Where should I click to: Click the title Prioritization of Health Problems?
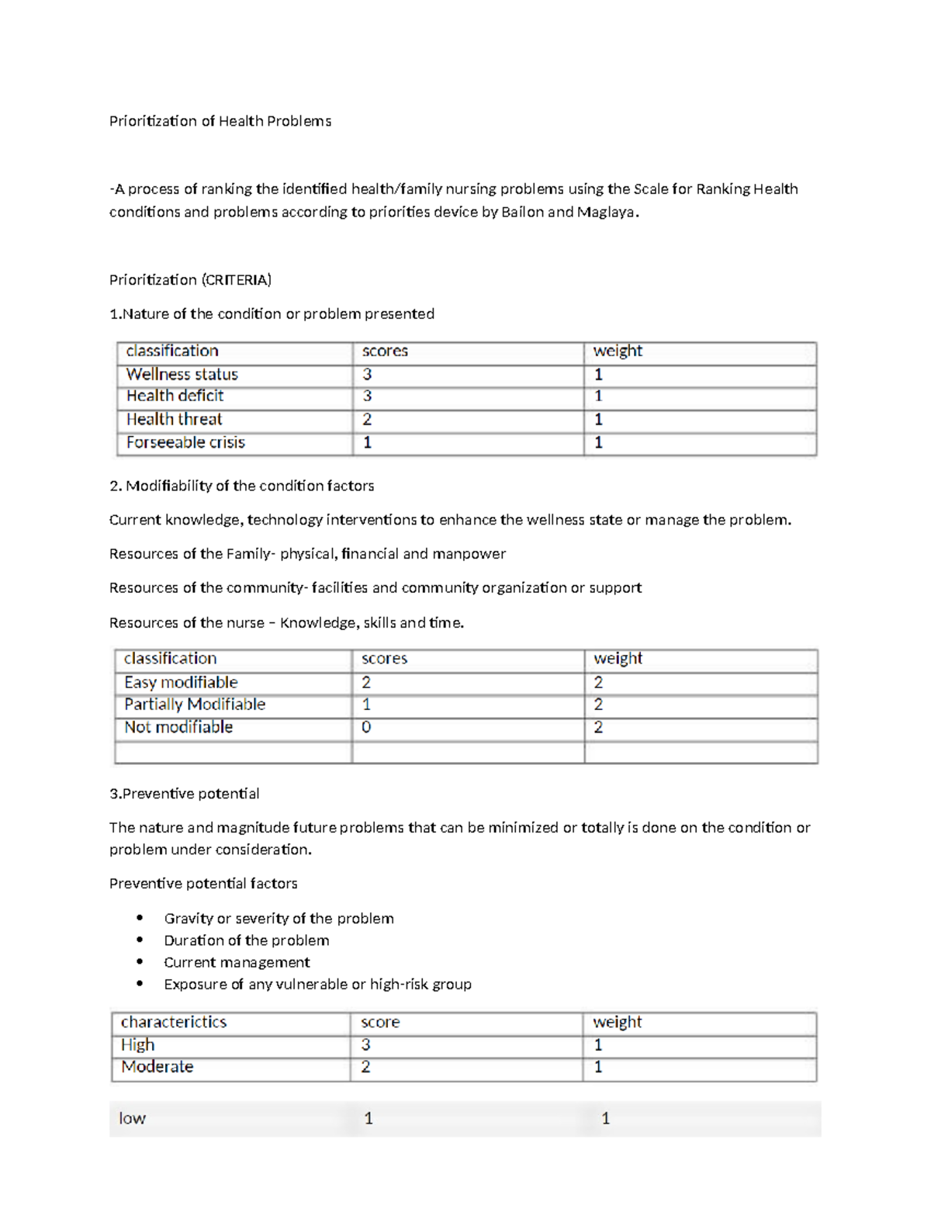point(220,121)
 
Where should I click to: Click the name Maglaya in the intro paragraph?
point(607,212)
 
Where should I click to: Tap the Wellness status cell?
point(182,374)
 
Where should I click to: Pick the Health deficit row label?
point(175,396)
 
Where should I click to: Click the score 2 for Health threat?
point(367,420)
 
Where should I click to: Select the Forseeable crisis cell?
point(185,442)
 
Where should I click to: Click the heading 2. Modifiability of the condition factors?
point(241,486)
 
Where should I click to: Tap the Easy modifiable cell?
point(181,682)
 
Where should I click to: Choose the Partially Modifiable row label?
point(195,704)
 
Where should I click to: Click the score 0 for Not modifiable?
point(366,727)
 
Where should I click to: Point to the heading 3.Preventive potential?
point(184,793)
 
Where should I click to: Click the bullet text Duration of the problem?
point(246,940)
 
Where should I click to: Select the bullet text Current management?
point(237,962)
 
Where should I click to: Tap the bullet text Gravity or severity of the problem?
point(279,919)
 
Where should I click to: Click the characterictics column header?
point(174,1022)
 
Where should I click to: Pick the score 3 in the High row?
point(365,1044)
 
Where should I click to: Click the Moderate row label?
point(157,1067)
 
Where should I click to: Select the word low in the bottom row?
point(132,1118)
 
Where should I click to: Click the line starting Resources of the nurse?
point(286,622)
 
